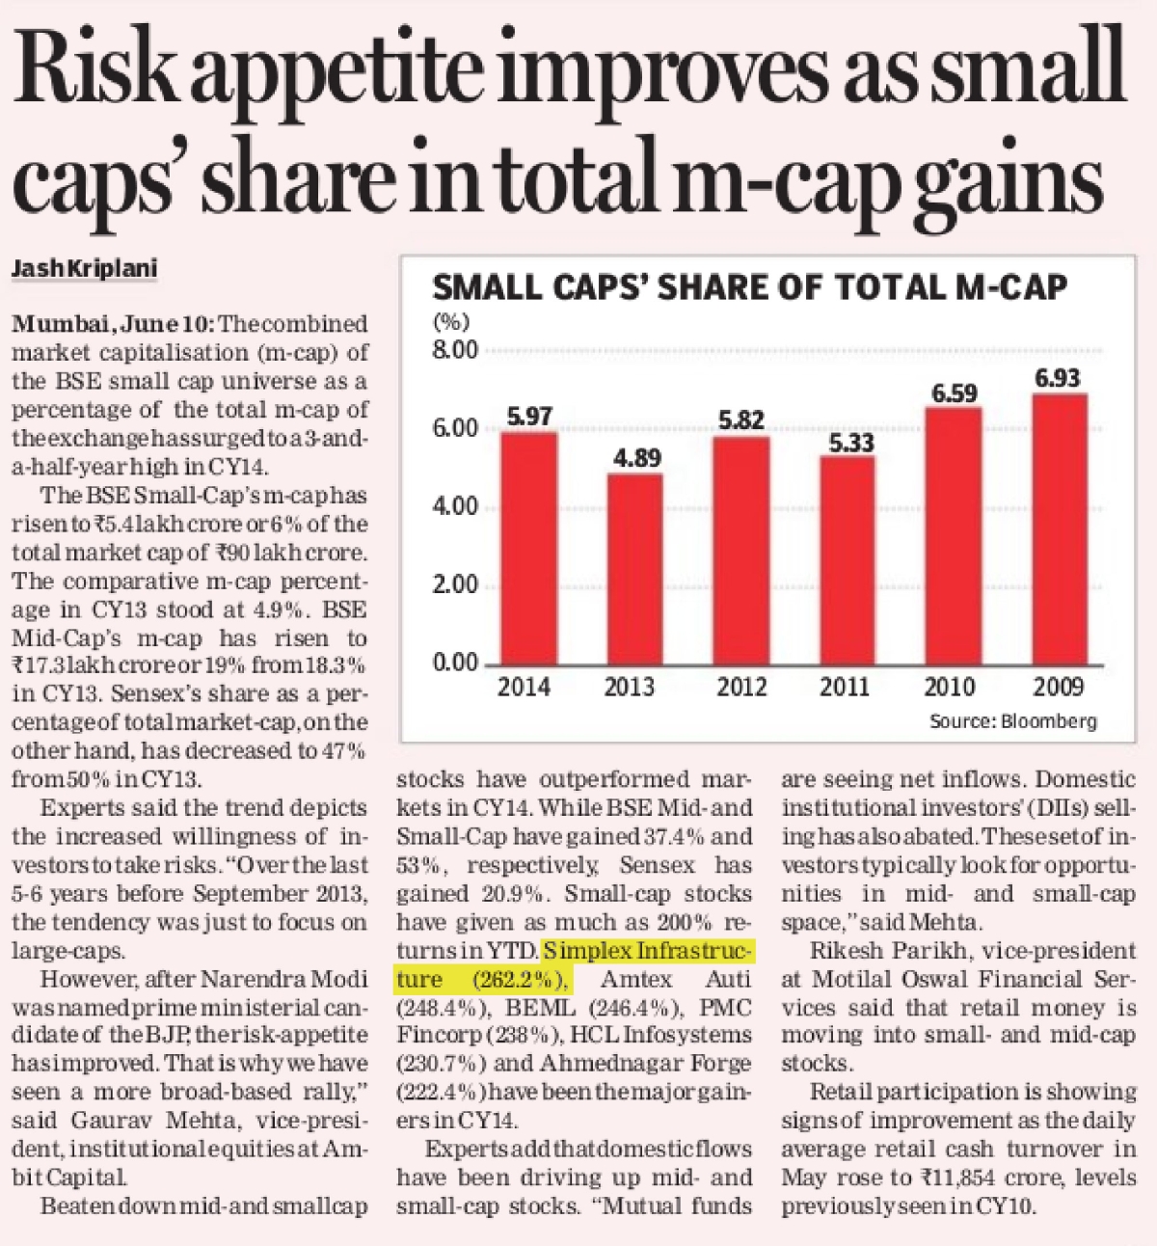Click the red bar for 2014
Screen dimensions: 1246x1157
[528, 548]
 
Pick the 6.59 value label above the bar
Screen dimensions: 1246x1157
[955, 393]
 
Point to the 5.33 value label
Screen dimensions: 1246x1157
[846, 443]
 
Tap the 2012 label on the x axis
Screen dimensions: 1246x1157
[741, 687]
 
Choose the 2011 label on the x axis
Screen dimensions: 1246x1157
[845, 687]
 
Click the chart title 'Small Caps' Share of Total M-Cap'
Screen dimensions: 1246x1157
[750, 286]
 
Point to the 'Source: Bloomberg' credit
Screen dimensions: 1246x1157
[1012, 721]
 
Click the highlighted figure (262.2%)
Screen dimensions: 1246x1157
[519, 980]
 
